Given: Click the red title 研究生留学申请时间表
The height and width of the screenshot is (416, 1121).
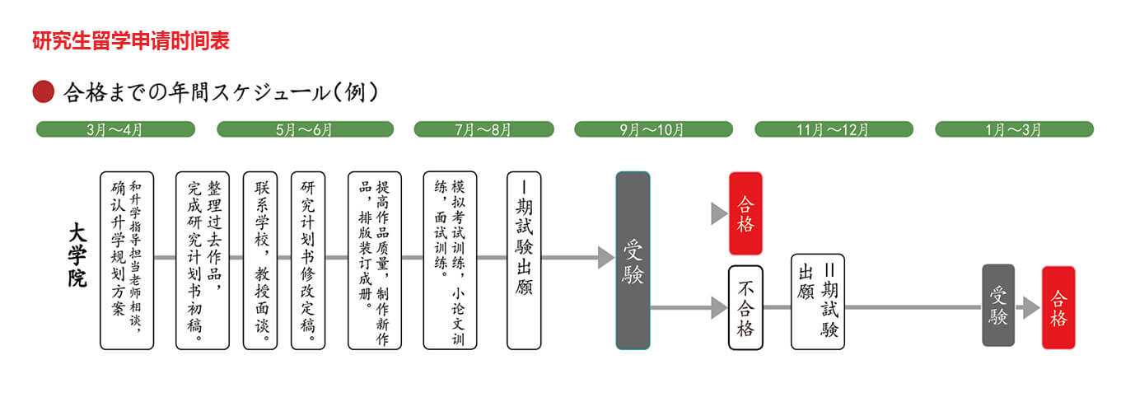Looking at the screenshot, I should tap(130, 40).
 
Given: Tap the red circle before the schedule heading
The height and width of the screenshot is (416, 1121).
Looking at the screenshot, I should tap(43, 91).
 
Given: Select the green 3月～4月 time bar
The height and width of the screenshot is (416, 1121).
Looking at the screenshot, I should tap(115, 129).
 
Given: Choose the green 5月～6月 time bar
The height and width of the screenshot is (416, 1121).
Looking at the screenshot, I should tap(304, 129).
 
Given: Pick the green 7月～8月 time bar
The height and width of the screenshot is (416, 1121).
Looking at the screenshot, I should tap(483, 129).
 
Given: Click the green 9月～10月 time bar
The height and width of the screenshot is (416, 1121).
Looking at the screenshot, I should tap(653, 129).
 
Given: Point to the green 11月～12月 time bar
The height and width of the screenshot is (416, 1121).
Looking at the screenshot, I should tap(834, 129).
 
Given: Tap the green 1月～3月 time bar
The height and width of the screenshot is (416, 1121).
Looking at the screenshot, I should tap(1014, 129).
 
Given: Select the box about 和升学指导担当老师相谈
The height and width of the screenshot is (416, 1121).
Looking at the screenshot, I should tap(127, 260).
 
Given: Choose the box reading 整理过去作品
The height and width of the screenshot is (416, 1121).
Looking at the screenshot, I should tap(203, 260).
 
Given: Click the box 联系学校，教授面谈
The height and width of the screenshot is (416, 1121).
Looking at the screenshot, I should tap(261, 260).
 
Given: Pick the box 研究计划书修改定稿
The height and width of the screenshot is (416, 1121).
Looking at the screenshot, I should tap(308, 260).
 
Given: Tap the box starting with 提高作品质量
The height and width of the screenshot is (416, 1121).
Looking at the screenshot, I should tap(375, 260).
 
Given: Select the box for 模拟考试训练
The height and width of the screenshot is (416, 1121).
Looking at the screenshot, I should tap(450, 260).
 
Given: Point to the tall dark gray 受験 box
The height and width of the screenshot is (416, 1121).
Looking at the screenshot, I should tap(633, 260).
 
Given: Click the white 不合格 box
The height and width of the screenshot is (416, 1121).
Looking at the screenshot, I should tap(745, 307).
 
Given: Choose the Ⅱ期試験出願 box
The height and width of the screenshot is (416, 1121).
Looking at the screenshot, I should tap(818, 301).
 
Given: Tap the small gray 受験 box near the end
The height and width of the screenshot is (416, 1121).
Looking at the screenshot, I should tap(998, 305).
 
